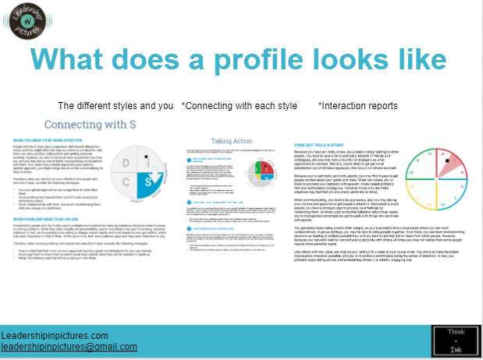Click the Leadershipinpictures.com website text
point(54,334)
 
